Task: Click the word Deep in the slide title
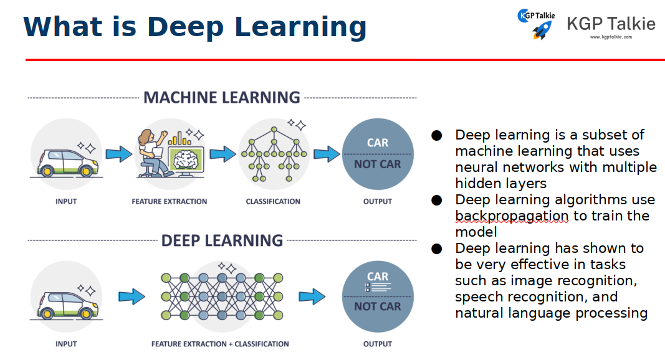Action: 190,27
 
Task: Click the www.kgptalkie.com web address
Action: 611,37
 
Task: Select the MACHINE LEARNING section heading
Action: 222,98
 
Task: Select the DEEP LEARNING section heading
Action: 222,241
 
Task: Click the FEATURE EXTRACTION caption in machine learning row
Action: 170,202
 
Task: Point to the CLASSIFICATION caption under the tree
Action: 273,202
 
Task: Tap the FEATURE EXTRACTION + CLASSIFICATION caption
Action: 220,344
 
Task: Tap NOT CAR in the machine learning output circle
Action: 378,164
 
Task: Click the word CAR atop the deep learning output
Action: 378,277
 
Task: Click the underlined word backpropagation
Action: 512,216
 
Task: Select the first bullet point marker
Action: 437,135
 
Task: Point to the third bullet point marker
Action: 437,249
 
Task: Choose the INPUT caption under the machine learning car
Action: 66,202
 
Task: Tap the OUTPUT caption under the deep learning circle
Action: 378,344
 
